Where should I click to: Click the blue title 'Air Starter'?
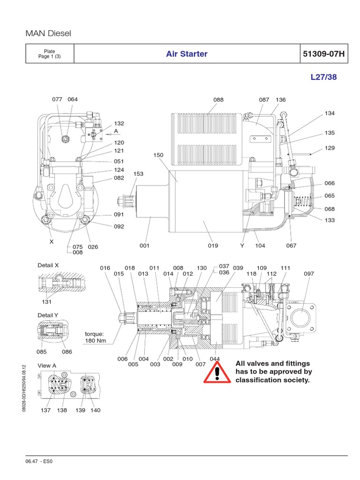(x=187, y=54)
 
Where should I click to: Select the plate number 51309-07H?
(x=323, y=54)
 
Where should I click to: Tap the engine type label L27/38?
(x=323, y=77)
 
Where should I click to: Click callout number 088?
(x=218, y=100)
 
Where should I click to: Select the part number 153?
(x=138, y=174)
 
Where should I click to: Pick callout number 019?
(x=213, y=245)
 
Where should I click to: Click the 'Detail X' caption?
(x=48, y=265)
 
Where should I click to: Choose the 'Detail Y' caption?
(x=48, y=315)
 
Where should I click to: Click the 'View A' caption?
(x=47, y=366)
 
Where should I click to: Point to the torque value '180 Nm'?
(x=96, y=340)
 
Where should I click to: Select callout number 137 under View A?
(x=45, y=410)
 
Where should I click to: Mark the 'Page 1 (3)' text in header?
(x=49, y=57)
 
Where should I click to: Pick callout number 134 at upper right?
(x=330, y=113)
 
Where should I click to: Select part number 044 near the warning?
(x=215, y=359)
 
